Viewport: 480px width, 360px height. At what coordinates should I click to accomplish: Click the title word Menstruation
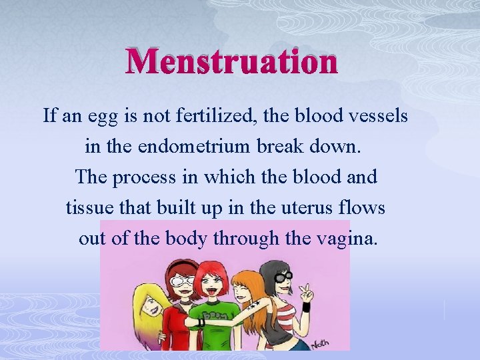[232, 63]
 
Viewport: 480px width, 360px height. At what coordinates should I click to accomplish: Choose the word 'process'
[141, 177]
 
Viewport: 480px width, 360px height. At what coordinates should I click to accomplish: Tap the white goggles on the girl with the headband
[182, 281]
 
